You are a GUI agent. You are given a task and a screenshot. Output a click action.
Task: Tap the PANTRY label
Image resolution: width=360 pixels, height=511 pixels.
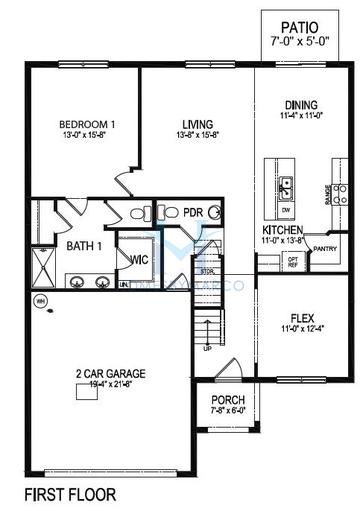pyautogui.click(x=325, y=248)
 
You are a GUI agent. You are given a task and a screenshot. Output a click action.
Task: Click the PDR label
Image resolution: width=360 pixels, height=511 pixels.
pyautogui.click(x=194, y=212)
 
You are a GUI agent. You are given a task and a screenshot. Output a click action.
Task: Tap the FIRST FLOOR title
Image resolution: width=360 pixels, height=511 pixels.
pyautogui.click(x=72, y=494)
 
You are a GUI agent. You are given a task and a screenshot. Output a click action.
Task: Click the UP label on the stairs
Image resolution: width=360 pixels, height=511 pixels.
pyautogui.click(x=207, y=349)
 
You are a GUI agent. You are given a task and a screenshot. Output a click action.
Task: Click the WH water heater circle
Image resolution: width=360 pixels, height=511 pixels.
pyautogui.click(x=41, y=301)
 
